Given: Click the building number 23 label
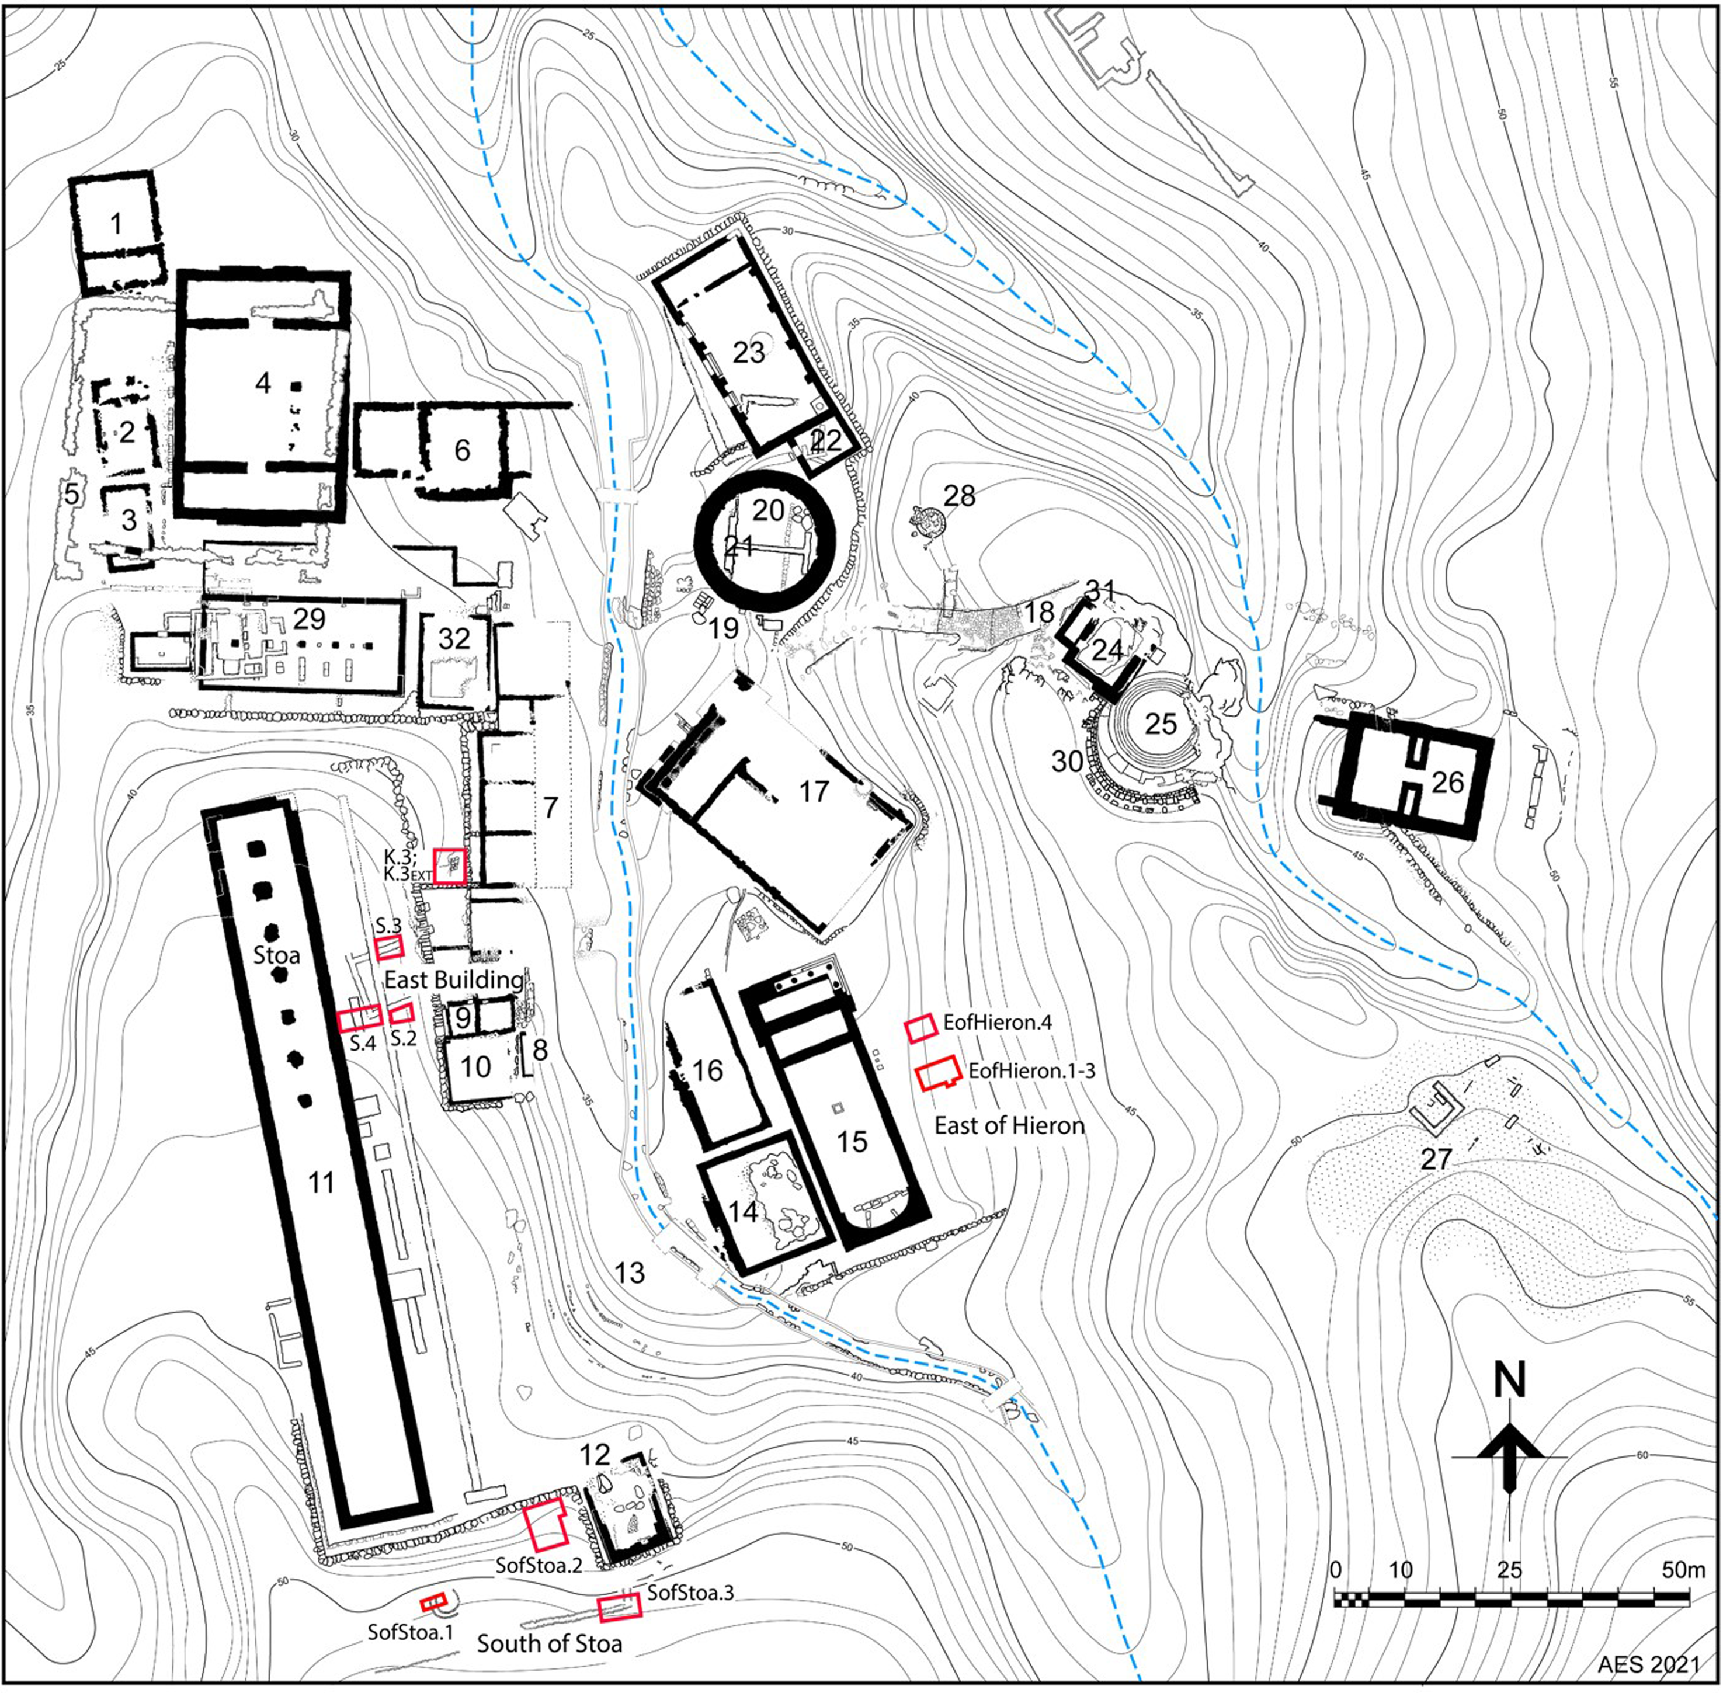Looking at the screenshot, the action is pos(749,352).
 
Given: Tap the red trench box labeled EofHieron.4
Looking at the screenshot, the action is pos(921,1027).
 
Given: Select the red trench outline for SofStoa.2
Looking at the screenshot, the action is pos(544,1527).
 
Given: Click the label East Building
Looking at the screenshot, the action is pos(453,980).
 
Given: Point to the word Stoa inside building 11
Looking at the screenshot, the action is pos(276,955).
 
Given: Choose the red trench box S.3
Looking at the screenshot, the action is pos(388,949).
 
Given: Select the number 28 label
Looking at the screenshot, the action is pos(959,495).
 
